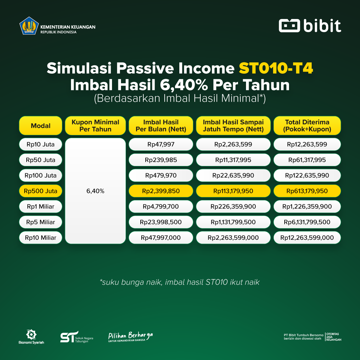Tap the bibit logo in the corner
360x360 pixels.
[310, 26]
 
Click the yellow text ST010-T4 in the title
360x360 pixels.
[276, 68]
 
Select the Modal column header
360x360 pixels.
[41, 126]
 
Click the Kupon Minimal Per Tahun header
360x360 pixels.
[95, 126]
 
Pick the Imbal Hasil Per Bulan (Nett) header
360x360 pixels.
[161, 126]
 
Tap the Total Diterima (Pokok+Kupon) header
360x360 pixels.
[307, 126]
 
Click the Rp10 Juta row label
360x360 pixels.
[41, 144]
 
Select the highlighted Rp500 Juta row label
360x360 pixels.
[41, 191]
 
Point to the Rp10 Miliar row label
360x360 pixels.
[41, 238]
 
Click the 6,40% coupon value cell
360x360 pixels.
[95, 191]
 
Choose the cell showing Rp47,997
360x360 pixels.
[161, 144]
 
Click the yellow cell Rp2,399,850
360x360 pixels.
[161, 191]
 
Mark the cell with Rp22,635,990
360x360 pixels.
[233, 175]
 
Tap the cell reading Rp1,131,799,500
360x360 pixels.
[233, 222]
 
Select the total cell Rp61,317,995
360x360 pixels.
[307, 160]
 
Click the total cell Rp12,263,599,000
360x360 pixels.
[307, 238]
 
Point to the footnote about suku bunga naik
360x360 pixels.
[180, 282]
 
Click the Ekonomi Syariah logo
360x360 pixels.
[31, 337]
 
